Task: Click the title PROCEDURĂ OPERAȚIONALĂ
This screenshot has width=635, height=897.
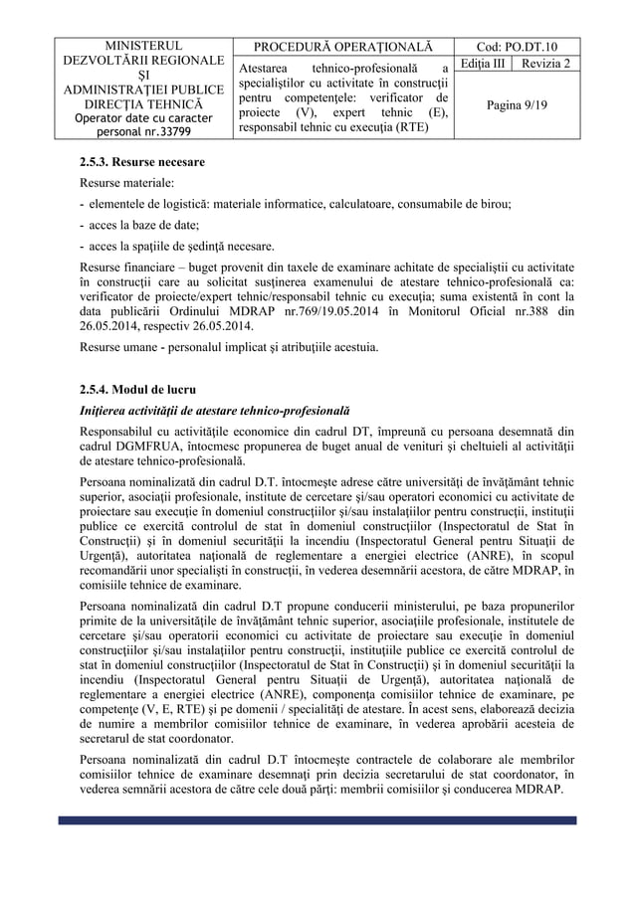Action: (x=343, y=46)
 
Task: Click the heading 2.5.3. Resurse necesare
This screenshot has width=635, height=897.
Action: (x=142, y=161)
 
